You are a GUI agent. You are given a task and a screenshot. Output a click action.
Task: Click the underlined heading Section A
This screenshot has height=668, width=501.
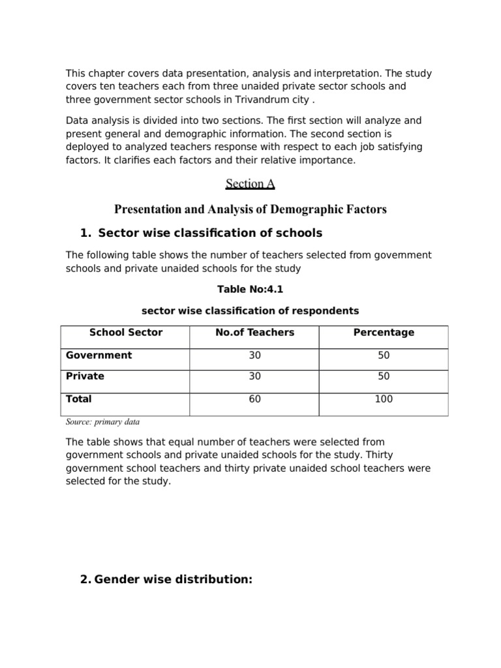point(250,184)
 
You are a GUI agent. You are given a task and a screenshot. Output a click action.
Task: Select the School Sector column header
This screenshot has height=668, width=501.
point(125,333)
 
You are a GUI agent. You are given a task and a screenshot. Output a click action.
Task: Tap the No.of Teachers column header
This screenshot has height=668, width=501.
point(254,333)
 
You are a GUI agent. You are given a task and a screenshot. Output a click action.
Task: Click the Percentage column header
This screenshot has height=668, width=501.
point(384,333)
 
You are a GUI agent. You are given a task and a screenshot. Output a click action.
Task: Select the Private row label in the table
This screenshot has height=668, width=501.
point(85,376)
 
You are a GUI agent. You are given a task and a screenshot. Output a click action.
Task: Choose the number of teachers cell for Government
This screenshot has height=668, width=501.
point(254,356)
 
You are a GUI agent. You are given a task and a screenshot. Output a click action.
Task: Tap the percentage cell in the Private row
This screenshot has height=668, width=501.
point(384,376)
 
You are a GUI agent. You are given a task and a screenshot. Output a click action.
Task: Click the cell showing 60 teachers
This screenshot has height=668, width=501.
point(254,399)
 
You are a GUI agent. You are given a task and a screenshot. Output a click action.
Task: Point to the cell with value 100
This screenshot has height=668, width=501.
point(384,399)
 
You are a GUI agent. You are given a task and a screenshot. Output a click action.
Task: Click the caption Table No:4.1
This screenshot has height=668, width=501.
point(250,290)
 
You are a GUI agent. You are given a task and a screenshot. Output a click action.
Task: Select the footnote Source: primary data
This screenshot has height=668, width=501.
point(102,421)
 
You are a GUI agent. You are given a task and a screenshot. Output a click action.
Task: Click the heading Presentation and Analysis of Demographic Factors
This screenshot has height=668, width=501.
point(250,209)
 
